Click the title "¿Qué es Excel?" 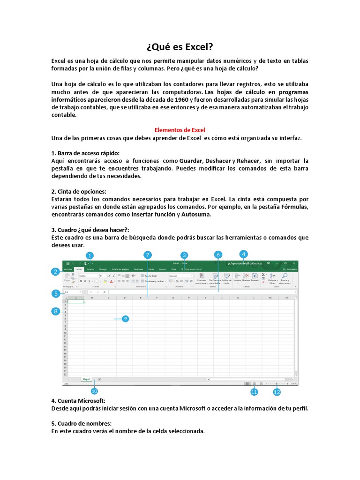180,47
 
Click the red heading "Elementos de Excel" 180,130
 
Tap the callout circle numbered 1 90,255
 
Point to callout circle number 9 125,319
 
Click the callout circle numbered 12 277,391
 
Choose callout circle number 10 94,391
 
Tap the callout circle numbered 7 148,255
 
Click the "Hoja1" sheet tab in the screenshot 86,379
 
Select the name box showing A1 72,292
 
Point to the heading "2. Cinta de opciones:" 79,191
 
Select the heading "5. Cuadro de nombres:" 81,424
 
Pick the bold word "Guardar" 190,161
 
